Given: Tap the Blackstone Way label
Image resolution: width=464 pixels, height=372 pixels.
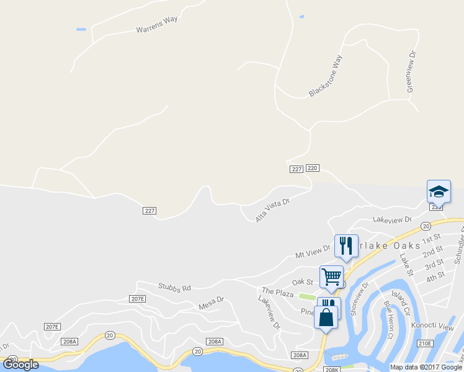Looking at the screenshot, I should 326,76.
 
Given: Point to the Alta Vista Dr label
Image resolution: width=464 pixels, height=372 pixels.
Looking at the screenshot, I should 273,210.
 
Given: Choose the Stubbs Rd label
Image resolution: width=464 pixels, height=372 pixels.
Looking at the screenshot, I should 174,287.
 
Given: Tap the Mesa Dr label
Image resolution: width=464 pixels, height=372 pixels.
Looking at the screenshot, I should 210,303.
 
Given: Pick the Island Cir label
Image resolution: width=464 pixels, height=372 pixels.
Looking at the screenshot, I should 401,302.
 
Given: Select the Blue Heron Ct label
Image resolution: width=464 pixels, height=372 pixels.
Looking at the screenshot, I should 389,319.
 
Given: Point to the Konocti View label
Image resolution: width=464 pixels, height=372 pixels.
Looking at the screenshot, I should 437,326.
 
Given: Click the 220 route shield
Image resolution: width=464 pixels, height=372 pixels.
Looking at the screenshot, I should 312,168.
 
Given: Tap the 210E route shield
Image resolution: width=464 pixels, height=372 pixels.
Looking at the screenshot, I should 424,343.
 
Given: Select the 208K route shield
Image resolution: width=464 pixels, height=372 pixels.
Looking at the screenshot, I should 331,370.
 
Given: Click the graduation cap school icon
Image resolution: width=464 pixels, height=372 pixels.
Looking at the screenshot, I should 439,191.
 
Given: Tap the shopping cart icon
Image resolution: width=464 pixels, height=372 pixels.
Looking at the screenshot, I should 331,277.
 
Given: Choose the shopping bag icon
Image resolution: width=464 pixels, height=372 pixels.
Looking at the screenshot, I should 326,317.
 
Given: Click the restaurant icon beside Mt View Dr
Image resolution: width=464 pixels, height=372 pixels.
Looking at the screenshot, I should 346,245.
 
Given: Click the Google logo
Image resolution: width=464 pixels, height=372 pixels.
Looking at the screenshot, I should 20,365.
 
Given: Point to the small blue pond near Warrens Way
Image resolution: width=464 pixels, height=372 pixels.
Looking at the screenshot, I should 81,29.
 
